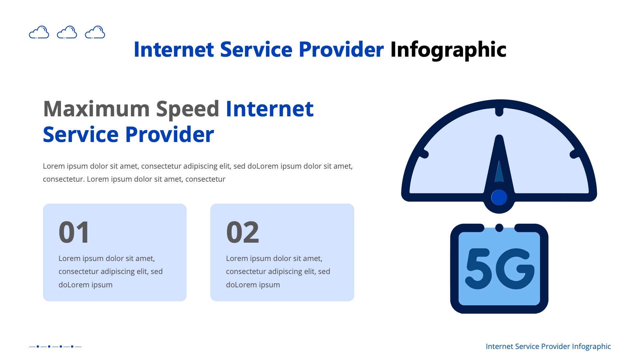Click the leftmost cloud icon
39,32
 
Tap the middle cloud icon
67,32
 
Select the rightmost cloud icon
95,32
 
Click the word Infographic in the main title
448,50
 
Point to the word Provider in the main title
341,50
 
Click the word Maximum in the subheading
96,109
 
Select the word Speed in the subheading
188,109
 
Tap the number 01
74,232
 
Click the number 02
242,232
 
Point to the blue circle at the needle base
499,197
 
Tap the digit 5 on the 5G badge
479,269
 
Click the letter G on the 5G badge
515,269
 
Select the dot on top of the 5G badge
499,228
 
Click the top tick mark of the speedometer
499,112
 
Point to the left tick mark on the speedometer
424,154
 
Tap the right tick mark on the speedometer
574,154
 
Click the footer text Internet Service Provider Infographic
548,346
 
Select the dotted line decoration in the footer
55,346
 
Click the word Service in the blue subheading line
81,135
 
